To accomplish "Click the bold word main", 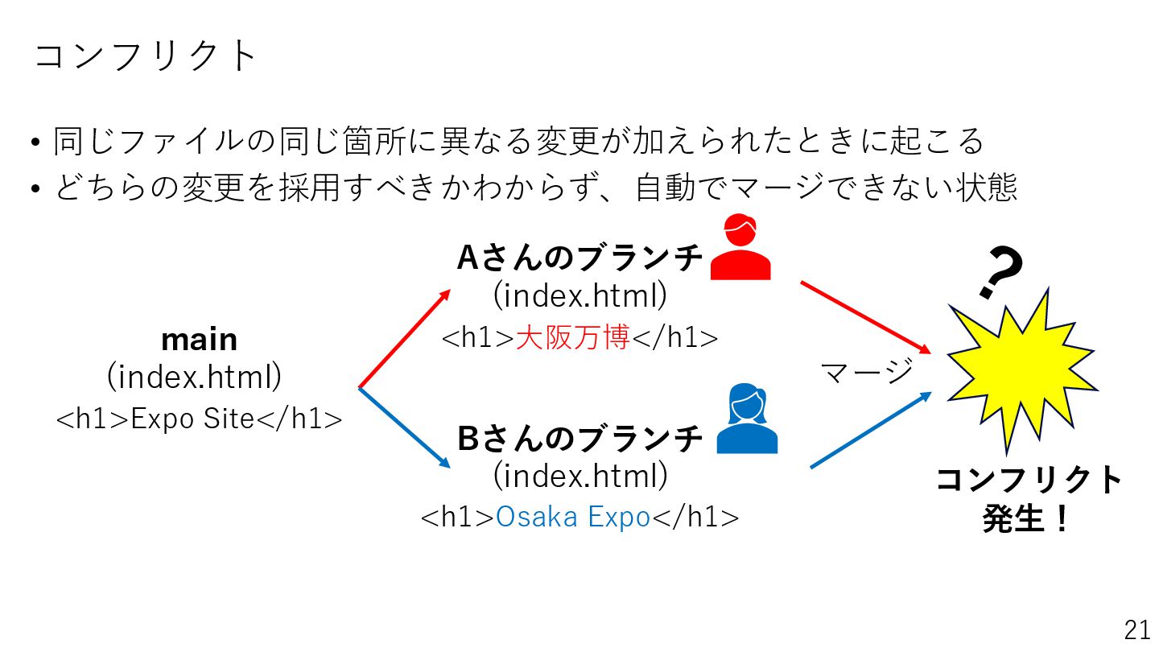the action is (x=199, y=340).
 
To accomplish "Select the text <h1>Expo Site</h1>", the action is (x=199, y=419).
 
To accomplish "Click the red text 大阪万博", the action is (x=572, y=337).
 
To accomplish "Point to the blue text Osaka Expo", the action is (x=572, y=517).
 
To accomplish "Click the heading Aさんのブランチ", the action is (x=580, y=258).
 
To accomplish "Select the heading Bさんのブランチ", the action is (x=580, y=439).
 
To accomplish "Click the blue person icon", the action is (x=746, y=420).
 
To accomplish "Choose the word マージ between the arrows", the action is (x=866, y=372).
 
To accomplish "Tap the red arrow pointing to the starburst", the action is (x=865, y=317).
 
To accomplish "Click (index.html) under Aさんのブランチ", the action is (x=580, y=296).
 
